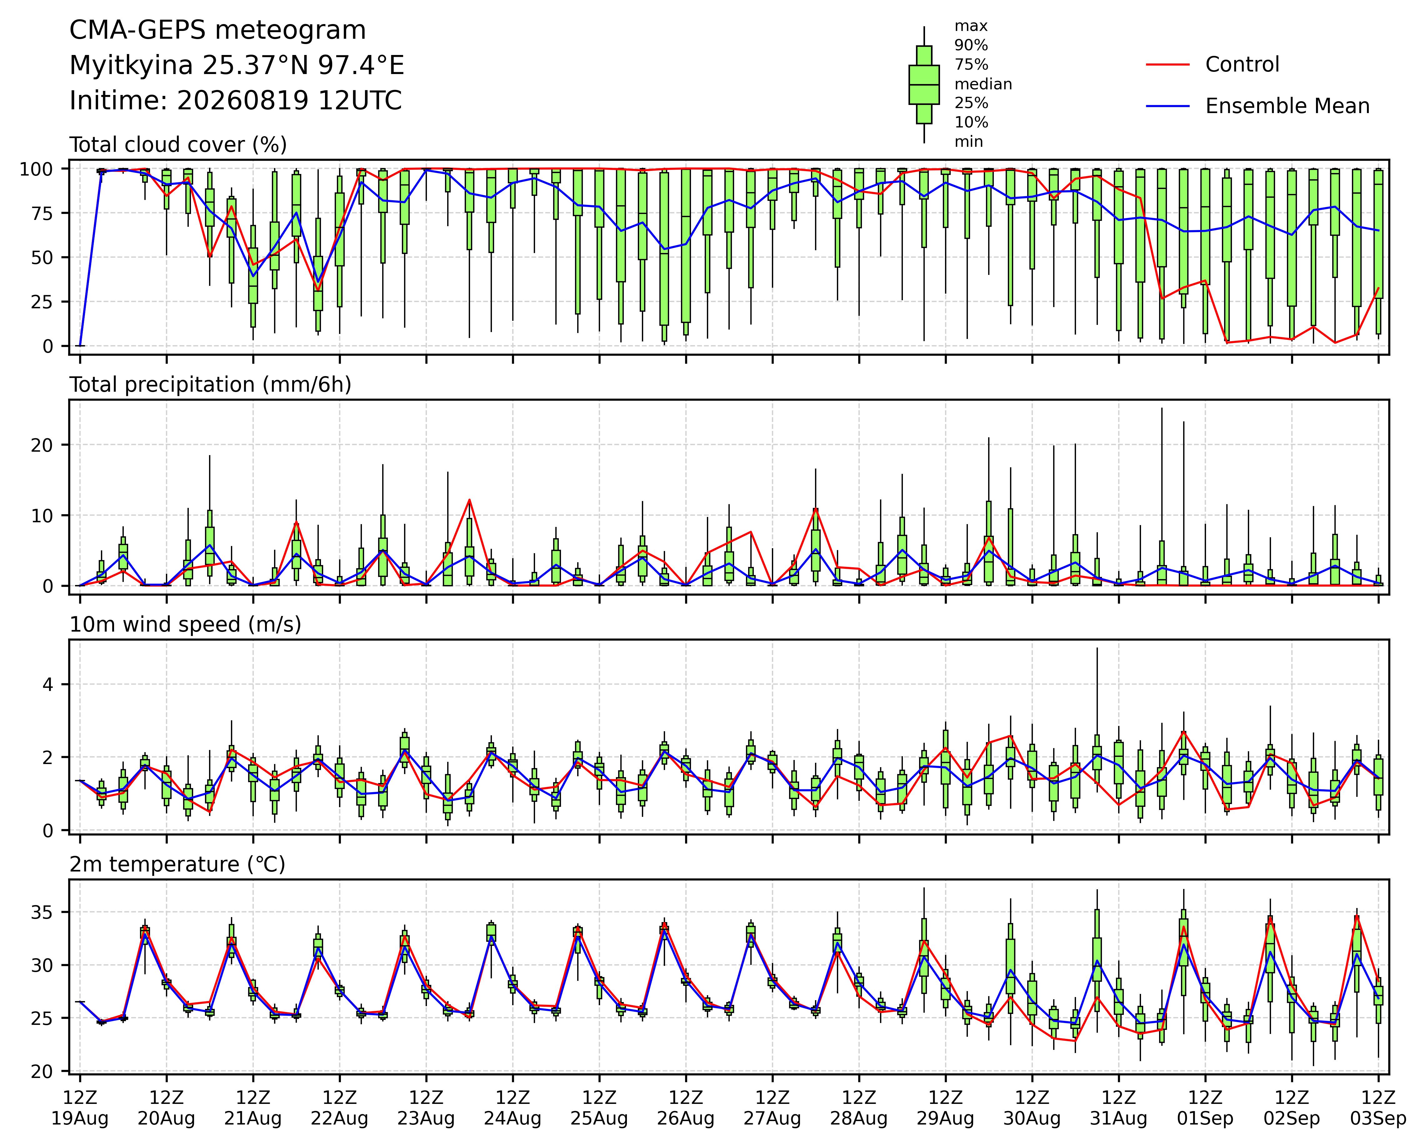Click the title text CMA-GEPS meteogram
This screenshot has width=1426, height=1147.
218,30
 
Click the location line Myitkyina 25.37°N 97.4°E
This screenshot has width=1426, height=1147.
237,66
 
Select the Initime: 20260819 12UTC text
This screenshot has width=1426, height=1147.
235,101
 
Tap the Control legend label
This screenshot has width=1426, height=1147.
1242,65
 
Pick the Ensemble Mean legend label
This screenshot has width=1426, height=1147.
1287,107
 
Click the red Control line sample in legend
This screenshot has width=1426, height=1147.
1168,65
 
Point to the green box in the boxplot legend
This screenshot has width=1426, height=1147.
924,85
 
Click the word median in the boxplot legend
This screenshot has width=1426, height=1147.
983,84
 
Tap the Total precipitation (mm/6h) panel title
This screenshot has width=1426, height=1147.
210,385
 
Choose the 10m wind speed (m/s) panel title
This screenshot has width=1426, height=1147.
185,625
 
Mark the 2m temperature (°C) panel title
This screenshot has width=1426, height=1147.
177,865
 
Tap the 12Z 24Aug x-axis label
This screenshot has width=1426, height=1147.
513,1108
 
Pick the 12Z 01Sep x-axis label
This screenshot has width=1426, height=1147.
1205,1108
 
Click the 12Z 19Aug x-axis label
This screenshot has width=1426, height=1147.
80,1108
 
